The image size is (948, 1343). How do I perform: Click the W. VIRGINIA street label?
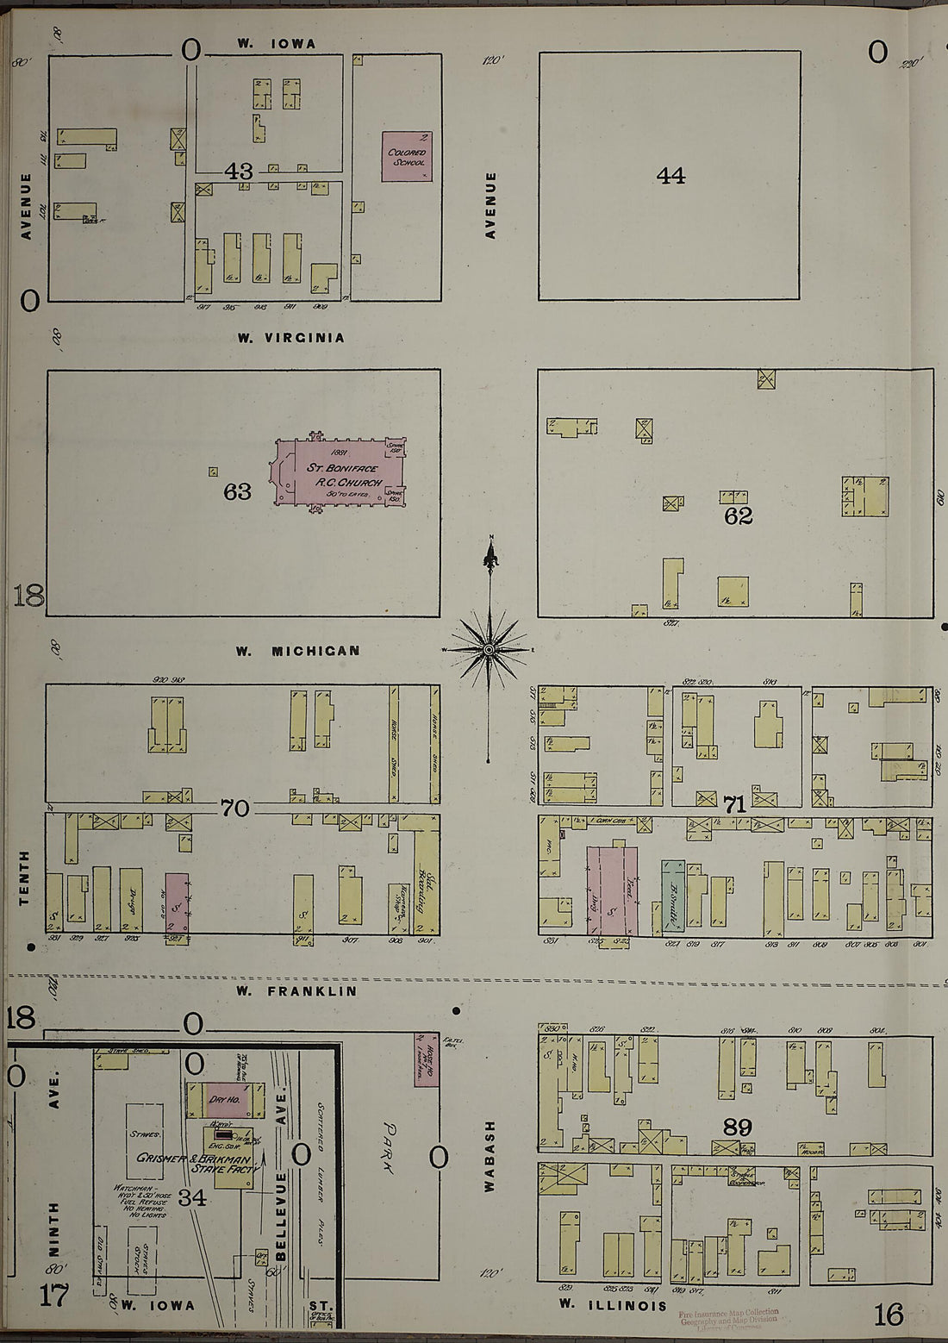click(291, 338)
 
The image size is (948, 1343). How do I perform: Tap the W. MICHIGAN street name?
click(298, 651)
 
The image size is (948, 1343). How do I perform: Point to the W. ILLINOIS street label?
click(612, 1305)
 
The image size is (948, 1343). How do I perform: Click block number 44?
click(670, 176)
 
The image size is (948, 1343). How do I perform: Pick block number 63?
click(237, 491)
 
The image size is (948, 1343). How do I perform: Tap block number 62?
click(739, 516)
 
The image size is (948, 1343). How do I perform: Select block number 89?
click(738, 1127)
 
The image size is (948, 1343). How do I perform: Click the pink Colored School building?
click(407, 156)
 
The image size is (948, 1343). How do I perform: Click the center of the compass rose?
click(489, 648)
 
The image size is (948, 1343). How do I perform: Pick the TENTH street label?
click(24, 878)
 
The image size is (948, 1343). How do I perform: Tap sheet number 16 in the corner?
click(888, 1315)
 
